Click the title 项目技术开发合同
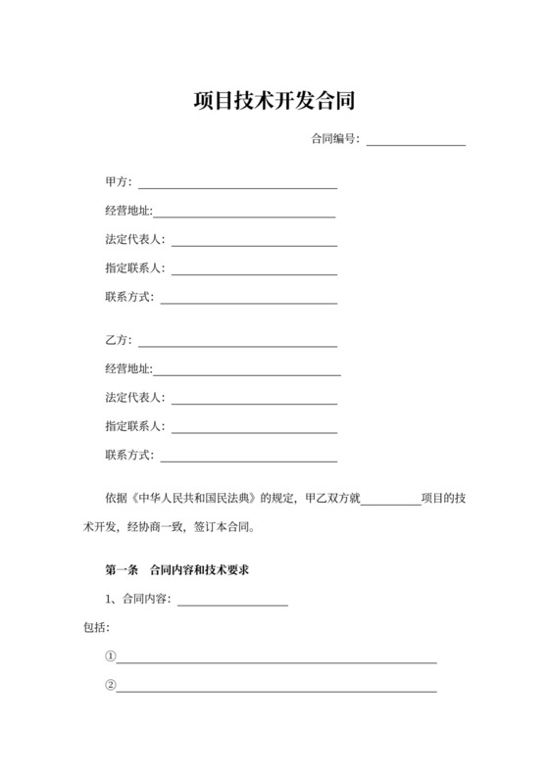[274, 102]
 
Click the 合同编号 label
[334, 139]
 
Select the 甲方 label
[117, 181]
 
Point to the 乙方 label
[117, 341]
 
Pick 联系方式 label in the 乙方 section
[128, 455]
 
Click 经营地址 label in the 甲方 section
[128, 211]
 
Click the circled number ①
[111, 656]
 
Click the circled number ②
[111, 685]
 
